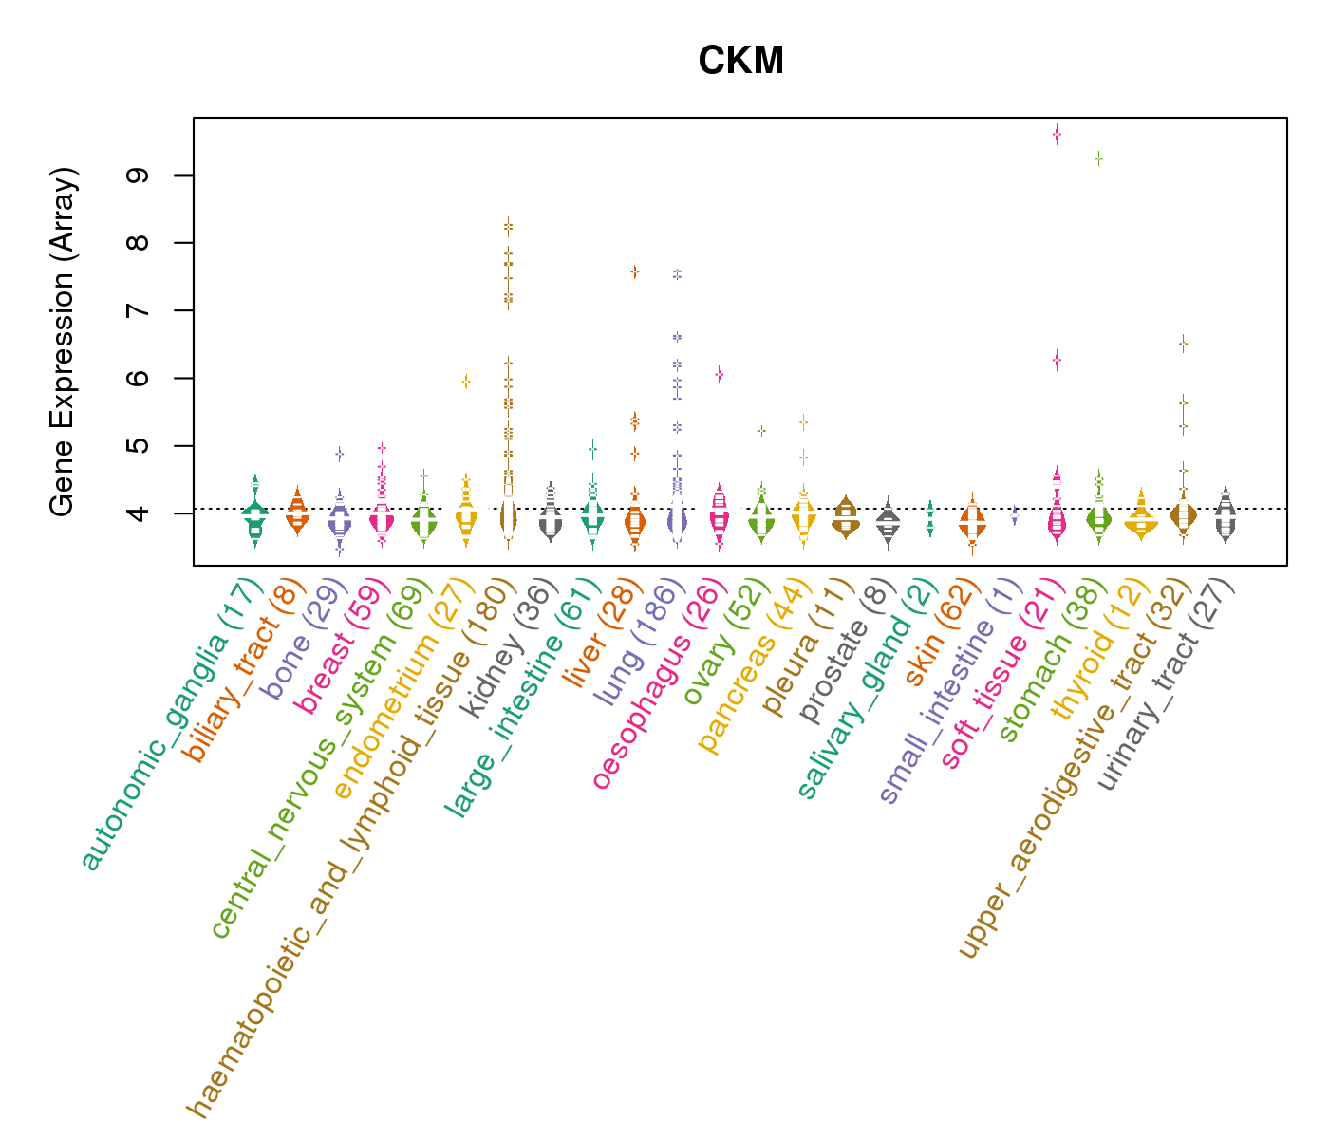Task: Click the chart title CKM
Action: coord(740,62)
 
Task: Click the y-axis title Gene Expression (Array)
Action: coord(63,342)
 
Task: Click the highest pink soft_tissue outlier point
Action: coord(1057,135)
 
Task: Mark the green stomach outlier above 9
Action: coord(1098,159)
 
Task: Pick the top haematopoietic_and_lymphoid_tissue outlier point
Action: coord(509,225)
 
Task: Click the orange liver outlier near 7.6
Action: coord(634,271)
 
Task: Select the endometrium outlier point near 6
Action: coord(466,382)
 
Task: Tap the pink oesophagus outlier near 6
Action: coord(720,375)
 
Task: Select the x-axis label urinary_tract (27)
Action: coord(1165,685)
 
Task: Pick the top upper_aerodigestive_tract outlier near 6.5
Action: coord(1183,344)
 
